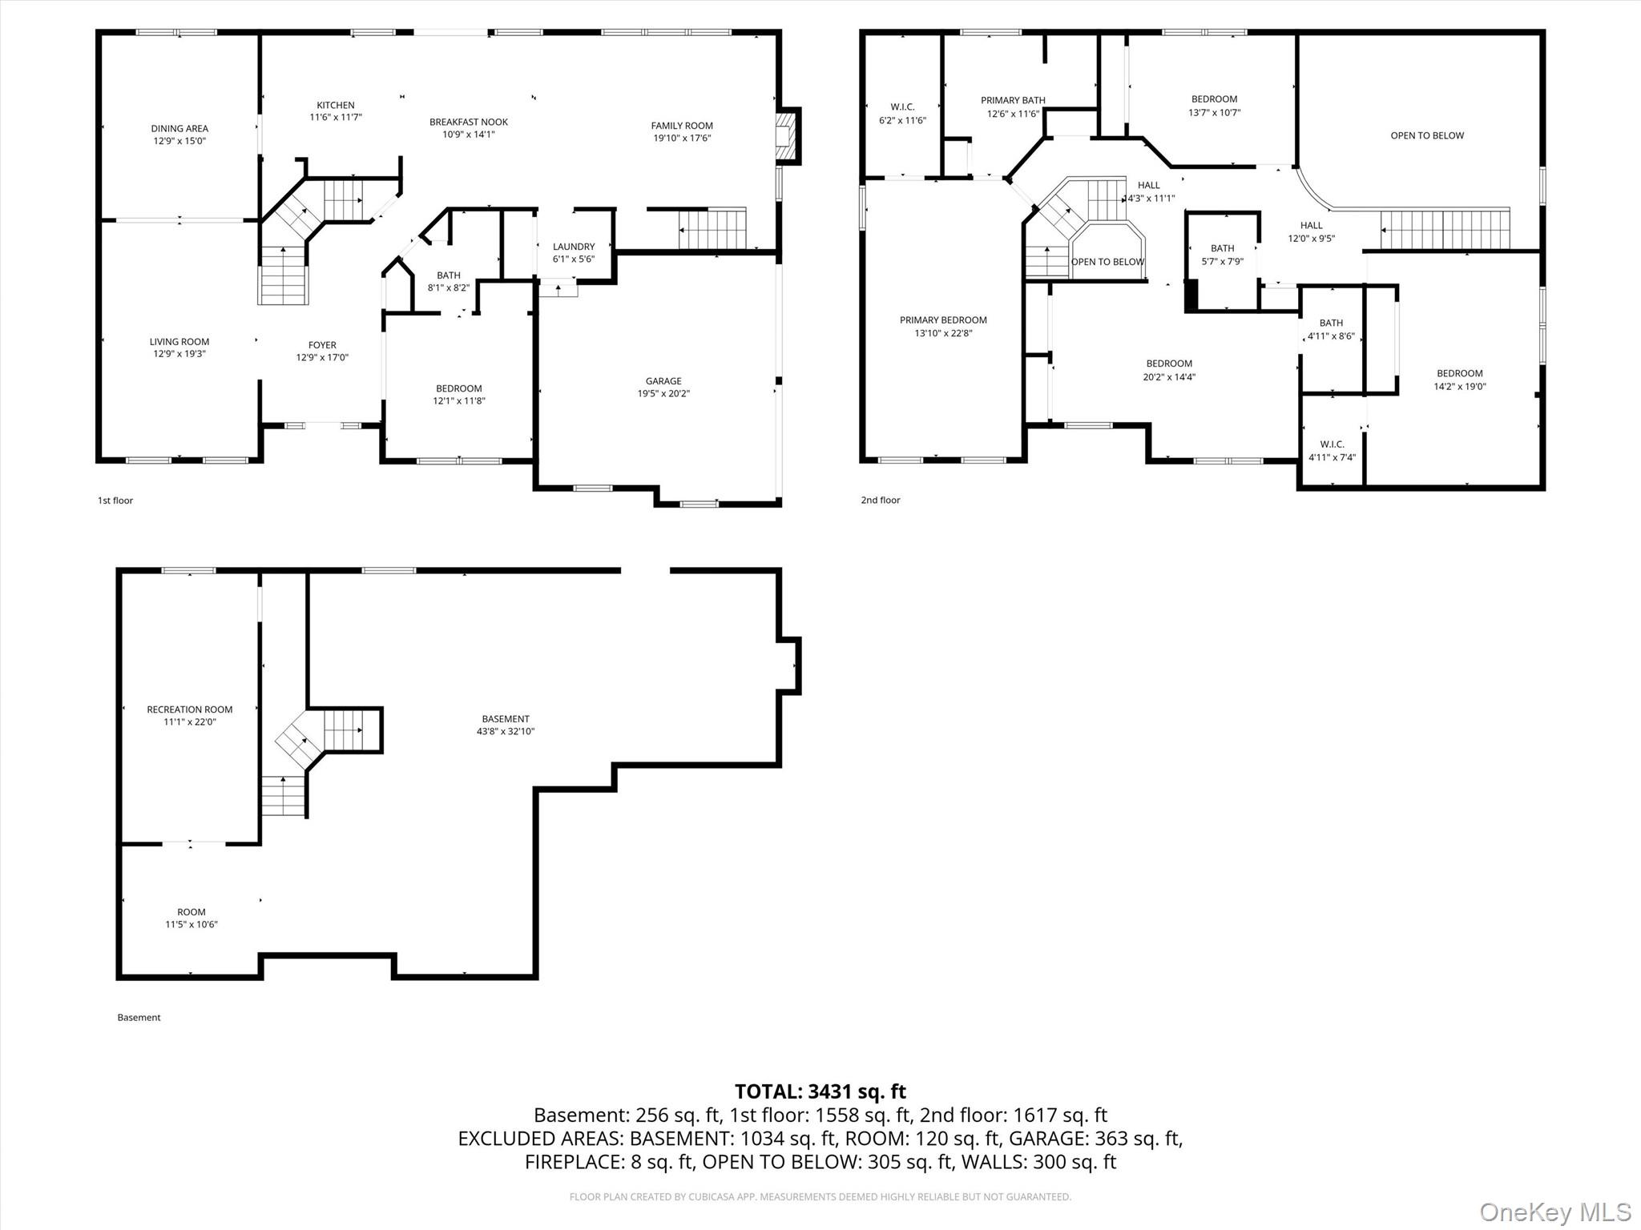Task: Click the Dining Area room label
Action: click(x=179, y=128)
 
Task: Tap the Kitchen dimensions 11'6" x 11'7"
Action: click(x=335, y=118)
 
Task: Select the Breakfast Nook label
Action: click(x=468, y=122)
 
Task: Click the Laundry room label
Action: click(x=573, y=247)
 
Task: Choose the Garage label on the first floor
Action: click(x=663, y=381)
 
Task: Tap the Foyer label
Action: click(x=322, y=345)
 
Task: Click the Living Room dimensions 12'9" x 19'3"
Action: click(x=179, y=354)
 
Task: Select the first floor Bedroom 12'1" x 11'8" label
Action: click(x=458, y=388)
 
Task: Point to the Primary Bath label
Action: click(x=1013, y=100)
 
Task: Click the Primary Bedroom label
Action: click(x=943, y=320)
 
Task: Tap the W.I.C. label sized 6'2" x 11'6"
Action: click(x=902, y=107)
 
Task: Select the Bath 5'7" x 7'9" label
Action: click(x=1222, y=248)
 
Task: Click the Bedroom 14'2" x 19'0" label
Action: click(x=1459, y=373)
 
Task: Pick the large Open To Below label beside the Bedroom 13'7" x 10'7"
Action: click(x=1427, y=135)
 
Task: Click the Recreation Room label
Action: click(x=190, y=709)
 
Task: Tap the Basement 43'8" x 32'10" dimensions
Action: click(x=505, y=731)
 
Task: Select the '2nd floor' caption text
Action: click(x=880, y=500)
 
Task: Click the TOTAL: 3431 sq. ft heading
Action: click(x=820, y=1091)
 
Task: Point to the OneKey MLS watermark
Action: click(x=1554, y=1212)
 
